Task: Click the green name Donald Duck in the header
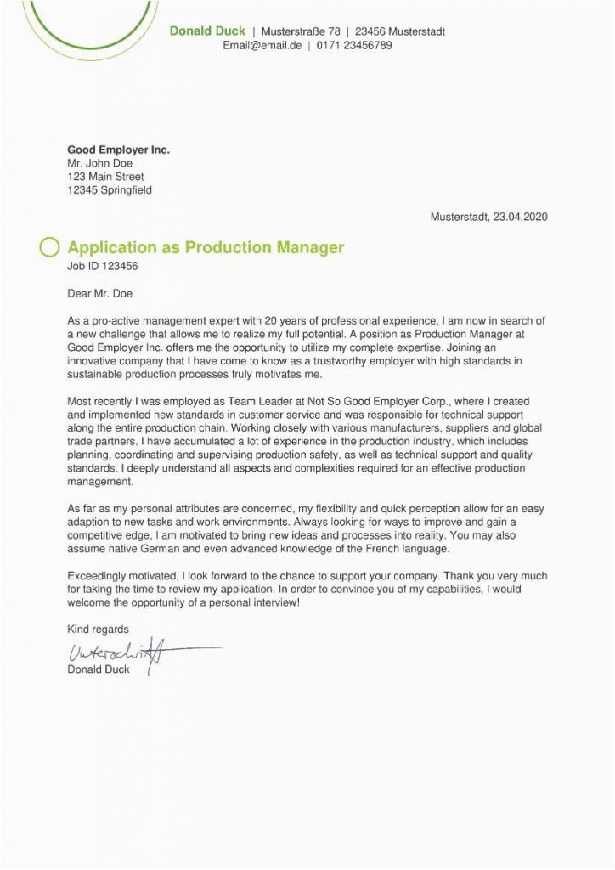pos(207,31)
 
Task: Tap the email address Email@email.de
pos(262,45)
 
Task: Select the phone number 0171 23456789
pos(354,45)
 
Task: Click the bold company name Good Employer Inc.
pos(118,150)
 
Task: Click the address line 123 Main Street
pos(105,177)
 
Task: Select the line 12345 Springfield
pos(109,190)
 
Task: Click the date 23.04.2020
pos(520,217)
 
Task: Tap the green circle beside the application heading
pos(50,247)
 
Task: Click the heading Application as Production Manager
pos(206,247)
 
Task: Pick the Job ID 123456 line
pos(102,266)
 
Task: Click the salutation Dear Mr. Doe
pos(99,294)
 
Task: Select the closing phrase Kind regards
pos(98,630)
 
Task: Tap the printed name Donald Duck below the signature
pos(98,670)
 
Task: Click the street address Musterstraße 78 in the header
pos(300,31)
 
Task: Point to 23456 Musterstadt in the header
pos(400,31)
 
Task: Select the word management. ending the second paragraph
pos(99,482)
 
